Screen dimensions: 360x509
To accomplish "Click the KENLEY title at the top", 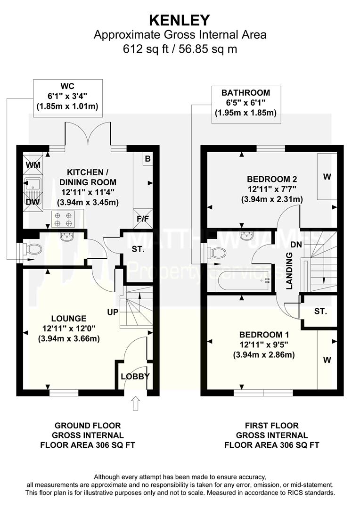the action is [180, 20].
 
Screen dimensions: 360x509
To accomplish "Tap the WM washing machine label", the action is [33, 165].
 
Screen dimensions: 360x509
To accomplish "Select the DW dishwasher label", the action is [33, 202].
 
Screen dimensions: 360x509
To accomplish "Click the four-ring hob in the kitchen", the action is [63, 219].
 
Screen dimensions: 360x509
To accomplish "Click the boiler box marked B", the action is [147, 159].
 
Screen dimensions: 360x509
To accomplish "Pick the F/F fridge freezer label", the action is [142, 219].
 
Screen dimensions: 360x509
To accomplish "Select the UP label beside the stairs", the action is [113, 312].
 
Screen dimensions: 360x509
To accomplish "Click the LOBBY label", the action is [135, 376].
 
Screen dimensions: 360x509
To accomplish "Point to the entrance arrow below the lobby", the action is [136, 403].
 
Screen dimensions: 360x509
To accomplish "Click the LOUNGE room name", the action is [69, 319].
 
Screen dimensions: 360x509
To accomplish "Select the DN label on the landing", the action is [296, 245].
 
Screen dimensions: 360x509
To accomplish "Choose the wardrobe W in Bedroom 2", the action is [327, 177].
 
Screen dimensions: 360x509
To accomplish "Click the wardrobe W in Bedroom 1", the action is [327, 360].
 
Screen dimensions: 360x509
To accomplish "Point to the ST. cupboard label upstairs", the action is [320, 312].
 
